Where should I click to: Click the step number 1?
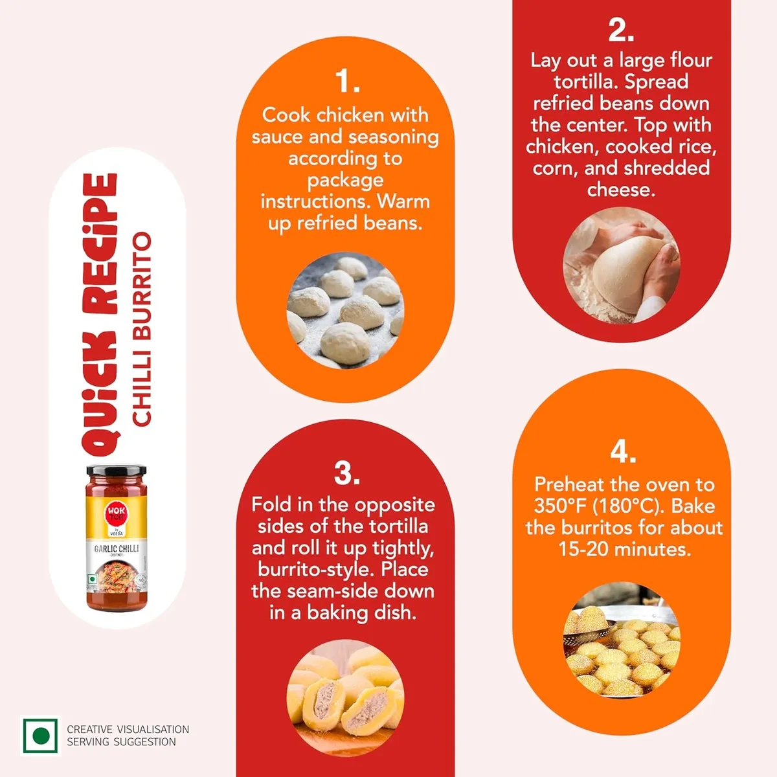(x=347, y=81)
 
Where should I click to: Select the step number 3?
(x=347, y=472)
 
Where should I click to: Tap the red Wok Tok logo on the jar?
(x=116, y=513)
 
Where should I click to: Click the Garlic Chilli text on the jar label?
(x=116, y=548)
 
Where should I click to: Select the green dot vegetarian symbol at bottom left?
(x=40, y=735)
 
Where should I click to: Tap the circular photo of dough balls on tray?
(x=345, y=311)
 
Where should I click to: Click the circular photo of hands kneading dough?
(x=622, y=265)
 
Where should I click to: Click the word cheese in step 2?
(x=621, y=190)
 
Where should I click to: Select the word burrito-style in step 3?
(x=315, y=570)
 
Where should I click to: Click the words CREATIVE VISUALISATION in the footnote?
(x=128, y=729)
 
